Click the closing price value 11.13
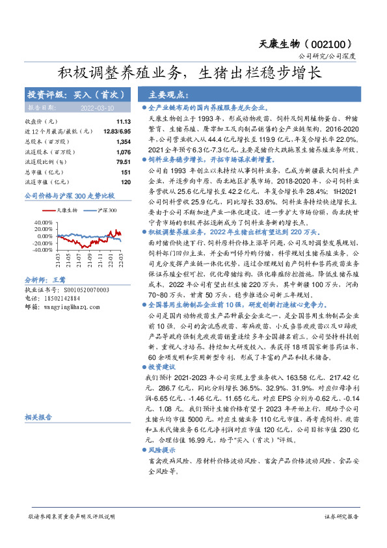(124, 122)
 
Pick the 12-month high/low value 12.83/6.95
(116, 131)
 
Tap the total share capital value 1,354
(124, 141)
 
